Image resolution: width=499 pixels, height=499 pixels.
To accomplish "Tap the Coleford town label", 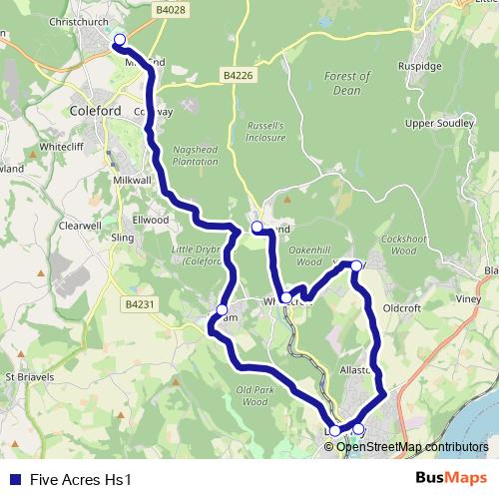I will click(x=97, y=111).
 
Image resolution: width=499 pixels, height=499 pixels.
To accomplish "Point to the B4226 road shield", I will click(x=238, y=75).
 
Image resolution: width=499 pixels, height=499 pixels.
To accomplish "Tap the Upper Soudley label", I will click(x=433, y=123).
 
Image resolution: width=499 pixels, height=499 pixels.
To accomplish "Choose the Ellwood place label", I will click(x=151, y=220).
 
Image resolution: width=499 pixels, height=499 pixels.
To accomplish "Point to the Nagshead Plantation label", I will click(x=197, y=154).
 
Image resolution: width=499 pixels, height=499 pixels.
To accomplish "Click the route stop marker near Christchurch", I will click(x=120, y=40).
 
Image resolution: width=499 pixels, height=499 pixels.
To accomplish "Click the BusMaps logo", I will click(x=452, y=478).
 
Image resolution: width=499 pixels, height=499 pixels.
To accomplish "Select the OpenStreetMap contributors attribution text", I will click(x=412, y=447).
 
